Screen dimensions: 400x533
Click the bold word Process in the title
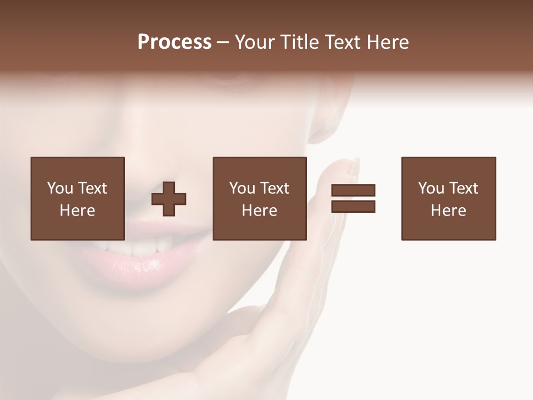pos(174,42)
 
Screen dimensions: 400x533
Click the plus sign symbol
pos(169,199)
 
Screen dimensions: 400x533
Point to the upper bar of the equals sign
pos(353,190)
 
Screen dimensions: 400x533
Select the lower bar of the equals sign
pos(353,206)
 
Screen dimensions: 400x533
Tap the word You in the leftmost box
pos(60,188)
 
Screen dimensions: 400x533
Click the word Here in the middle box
pos(260,211)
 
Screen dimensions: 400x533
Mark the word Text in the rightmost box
pos(464,188)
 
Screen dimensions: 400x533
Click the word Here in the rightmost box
pos(449,211)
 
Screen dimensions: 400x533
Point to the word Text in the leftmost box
pos(92,188)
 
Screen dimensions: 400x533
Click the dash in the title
pos(223,43)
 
